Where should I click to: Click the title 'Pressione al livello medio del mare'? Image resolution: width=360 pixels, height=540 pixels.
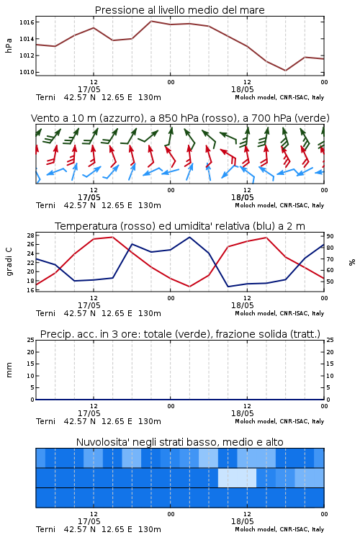pos(179,10)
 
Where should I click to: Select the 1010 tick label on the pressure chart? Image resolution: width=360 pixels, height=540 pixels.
pos(27,72)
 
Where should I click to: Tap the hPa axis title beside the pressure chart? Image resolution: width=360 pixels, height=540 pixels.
pos(9,45)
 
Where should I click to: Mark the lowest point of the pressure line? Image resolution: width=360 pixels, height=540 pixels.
pos(285,71)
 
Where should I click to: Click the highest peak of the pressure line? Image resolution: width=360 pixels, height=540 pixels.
pos(151,21)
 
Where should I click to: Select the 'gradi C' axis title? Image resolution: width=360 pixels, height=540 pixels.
pos(9,262)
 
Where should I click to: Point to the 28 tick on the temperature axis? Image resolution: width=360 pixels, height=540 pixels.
pos(30,235)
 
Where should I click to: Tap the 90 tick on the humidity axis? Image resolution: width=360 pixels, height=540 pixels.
pos(330,236)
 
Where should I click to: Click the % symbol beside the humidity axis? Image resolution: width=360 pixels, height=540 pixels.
pos(352,262)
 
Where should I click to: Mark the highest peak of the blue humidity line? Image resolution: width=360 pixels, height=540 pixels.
pos(189,237)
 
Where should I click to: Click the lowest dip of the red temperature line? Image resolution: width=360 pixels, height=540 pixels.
pos(189,287)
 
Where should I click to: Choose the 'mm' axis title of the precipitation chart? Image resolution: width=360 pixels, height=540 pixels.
pos(9,370)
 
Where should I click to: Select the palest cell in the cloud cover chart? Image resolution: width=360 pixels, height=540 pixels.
pos(237,477)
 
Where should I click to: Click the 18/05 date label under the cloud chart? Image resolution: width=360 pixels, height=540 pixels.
pos(242,521)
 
